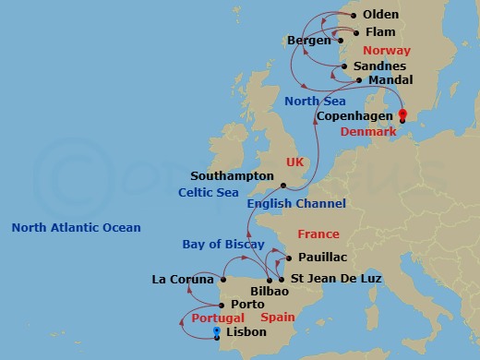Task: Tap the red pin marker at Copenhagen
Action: [402, 115]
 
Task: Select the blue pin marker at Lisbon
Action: [216, 330]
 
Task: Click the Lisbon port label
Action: [246, 332]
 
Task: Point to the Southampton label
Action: [232, 174]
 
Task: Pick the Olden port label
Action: [381, 16]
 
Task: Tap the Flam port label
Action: [381, 32]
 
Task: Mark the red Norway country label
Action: [387, 51]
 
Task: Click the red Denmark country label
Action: [369, 132]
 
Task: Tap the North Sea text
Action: [315, 101]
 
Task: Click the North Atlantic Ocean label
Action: [76, 228]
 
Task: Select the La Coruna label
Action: [183, 279]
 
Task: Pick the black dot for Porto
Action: [221, 304]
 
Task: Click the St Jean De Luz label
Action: [334, 279]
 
